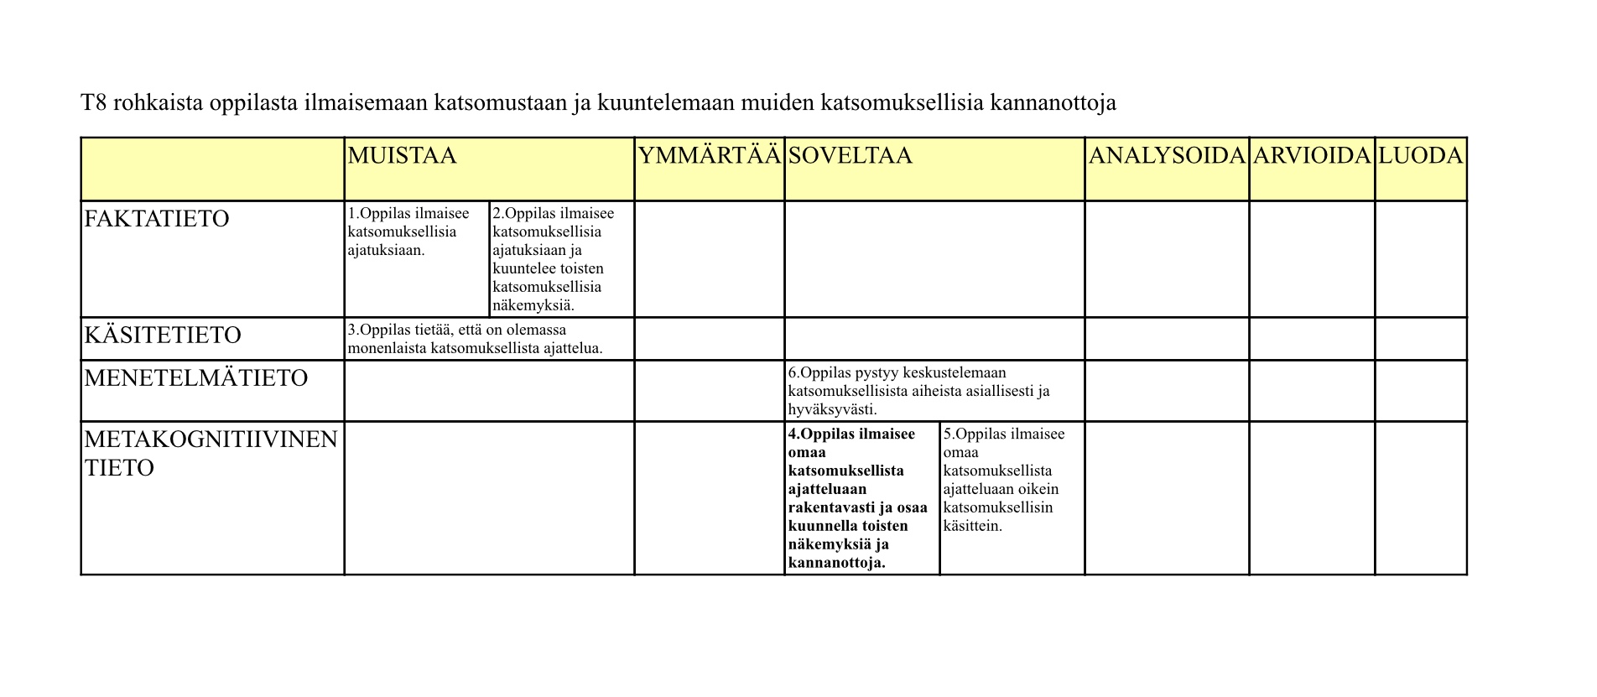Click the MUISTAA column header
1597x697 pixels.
pyautogui.click(x=402, y=156)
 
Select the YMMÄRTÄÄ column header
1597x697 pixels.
pyautogui.click(x=709, y=156)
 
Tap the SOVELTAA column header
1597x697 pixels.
pyautogui.click(x=850, y=156)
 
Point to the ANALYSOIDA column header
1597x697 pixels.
pyautogui.click(x=1166, y=156)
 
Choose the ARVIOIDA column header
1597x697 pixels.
pyautogui.click(x=1311, y=156)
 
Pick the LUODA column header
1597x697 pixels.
pyautogui.click(x=1420, y=156)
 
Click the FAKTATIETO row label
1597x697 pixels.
pyautogui.click(x=157, y=219)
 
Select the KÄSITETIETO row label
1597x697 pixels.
pyautogui.click(x=163, y=335)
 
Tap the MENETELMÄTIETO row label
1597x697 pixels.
pyautogui.click(x=196, y=378)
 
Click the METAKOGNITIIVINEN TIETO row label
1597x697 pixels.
pyautogui.click(x=211, y=453)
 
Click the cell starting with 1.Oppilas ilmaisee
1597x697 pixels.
pyautogui.click(x=408, y=231)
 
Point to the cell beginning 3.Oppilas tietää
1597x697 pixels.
pyautogui.click(x=475, y=339)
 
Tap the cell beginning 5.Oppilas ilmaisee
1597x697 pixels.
pyautogui.click(x=1003, y=480)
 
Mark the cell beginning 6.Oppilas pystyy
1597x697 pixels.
pyautogui.click(x=918, y=391)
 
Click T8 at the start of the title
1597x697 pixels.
pyautogui.click(x=93, y=103)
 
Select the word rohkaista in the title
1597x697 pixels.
pyautogui.click(x=157, y=103)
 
